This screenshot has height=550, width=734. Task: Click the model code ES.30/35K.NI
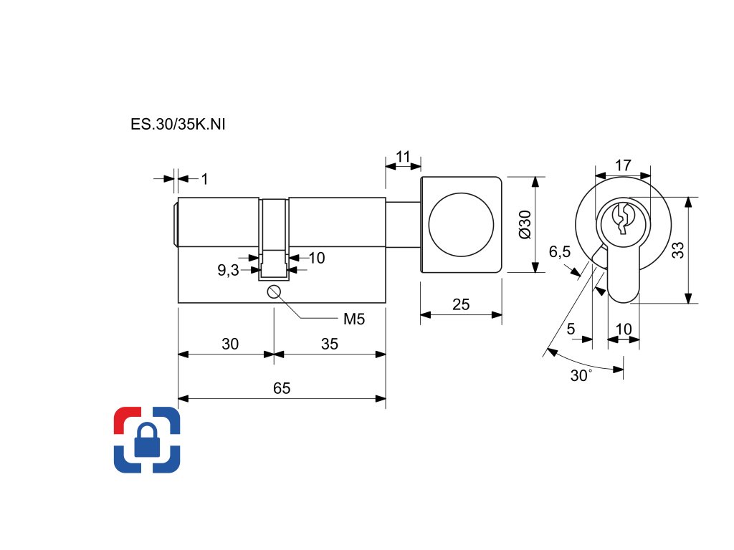pyautogui.click(x=178, y=124)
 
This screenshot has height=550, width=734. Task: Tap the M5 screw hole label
pyautogui.click(x=354, y=319)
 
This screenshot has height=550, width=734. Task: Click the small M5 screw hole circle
pyautogui.click(x=274, y=291)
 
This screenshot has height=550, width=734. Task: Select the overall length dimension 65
pyautogui.click(x=282, y=388)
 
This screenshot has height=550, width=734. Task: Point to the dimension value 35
pyautogui.click(x=329, y=344)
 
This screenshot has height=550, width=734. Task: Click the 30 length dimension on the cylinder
pyautogui.click(x=229, y=344)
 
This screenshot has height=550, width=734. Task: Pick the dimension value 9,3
pyautogui.click(x=229, y=270)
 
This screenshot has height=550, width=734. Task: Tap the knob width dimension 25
pyautogui.click(x=461, y=304)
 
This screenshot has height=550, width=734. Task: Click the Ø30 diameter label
pyautogui.click(x=523, y=224)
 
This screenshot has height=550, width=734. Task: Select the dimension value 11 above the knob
pyautogui.click(x=403, y=156)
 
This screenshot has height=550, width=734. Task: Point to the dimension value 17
pyautogui.click(x=623, y=165)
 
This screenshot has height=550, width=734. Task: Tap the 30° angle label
pyautogui.click(x=581, y=376)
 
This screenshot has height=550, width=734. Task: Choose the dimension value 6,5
pyautogui.click(x=560, y=251)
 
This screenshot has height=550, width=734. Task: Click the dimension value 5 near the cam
pyautogui.click(x=571, y=329)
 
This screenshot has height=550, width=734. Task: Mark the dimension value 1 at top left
pyautogui.click(x=204, y=178)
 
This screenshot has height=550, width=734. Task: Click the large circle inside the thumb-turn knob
pyautogui.click(x=461, y=224)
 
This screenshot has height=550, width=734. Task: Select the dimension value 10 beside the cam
pyautogui.click(x=624, y=329)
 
